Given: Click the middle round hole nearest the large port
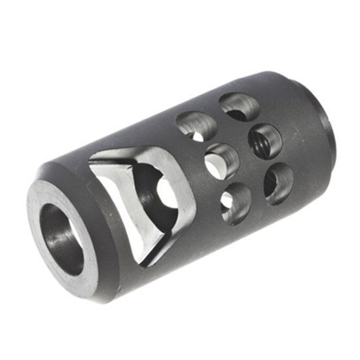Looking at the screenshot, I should (x=223, y=161).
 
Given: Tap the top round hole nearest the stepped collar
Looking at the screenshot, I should (x=237, y=105).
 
